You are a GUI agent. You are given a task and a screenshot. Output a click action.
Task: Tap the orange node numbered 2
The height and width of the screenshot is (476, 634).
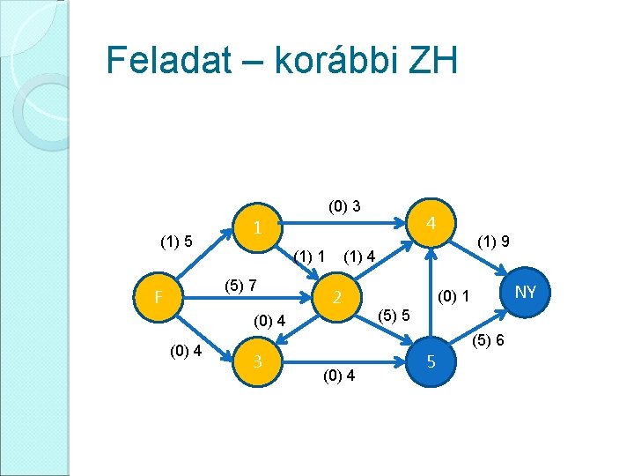[336, 298]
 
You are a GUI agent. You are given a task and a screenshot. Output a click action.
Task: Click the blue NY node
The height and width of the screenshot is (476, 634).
[525, 291]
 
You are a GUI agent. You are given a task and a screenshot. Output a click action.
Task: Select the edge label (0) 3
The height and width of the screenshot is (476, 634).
[343, 207]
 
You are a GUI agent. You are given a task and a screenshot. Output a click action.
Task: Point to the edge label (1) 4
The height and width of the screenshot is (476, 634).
[360, 257]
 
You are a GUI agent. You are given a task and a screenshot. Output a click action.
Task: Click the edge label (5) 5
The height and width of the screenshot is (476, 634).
[393, 315]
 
